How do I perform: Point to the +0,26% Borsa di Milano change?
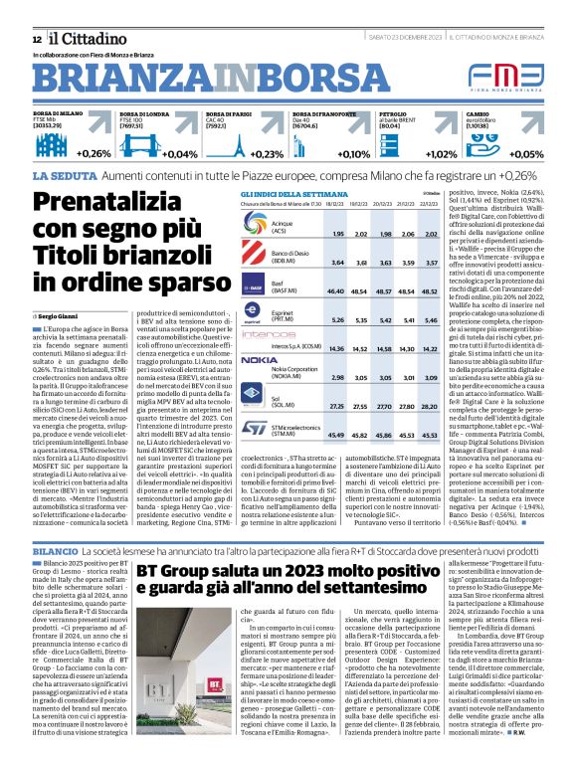click(x=95, y=154)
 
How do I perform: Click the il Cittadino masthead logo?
click(x=80, y=38)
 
